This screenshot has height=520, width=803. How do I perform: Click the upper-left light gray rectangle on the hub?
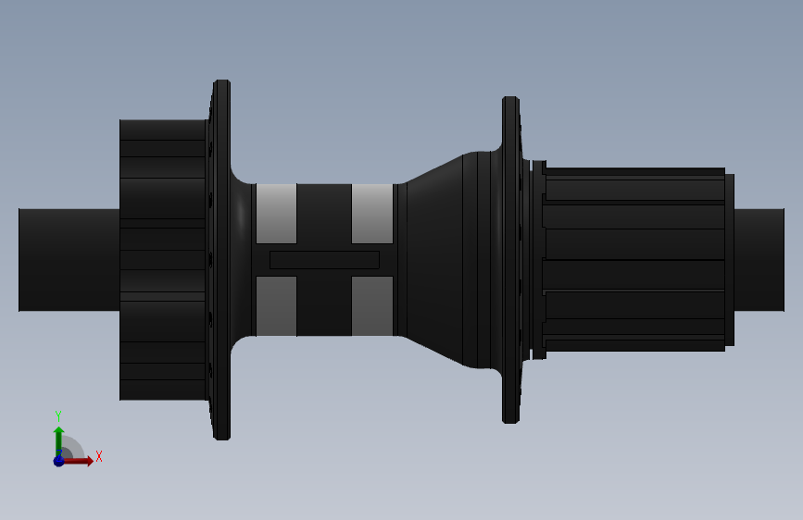pyautogui.click(x=277, y=214)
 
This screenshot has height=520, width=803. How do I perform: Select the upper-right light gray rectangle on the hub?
pyautogui.click(x=372, y=214)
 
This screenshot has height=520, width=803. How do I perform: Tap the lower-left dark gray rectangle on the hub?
pyautogui.click(x=277, y=306)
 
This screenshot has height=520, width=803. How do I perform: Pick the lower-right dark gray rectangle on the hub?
pyautogui.click(x=372, y=306)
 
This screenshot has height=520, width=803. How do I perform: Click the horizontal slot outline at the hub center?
pyautogui.click(x=325, y=260)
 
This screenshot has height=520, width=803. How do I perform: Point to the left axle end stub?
pyautogui.click(x=69, y=260)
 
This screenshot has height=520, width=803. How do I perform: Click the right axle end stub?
pyautogui.click(x=759, y=260)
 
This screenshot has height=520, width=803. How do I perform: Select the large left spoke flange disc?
pyautogui.click(x=221, y=260)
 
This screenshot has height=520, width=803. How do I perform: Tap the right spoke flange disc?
pyautogui.click(x=511, y=260)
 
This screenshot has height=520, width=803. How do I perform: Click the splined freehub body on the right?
pyautogui.click(x=635, y=259)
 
